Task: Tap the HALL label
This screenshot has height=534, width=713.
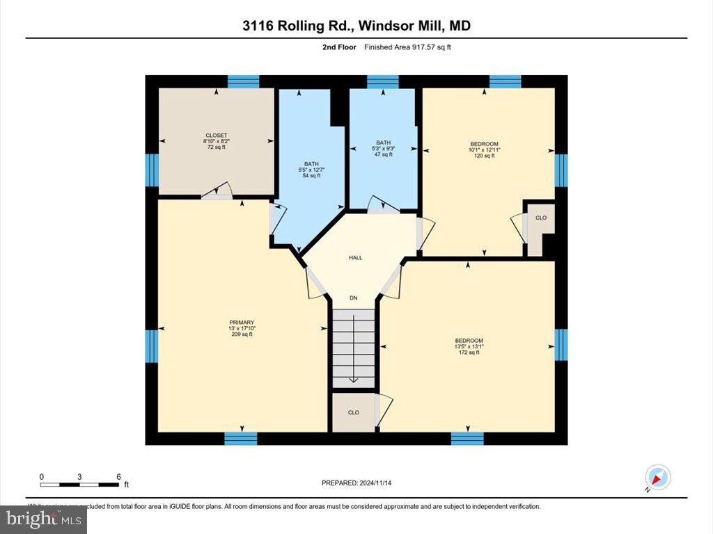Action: coord(356,257)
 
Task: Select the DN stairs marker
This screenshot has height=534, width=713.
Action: coord(354,298)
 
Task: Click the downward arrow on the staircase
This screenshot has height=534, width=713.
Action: coord(354,375)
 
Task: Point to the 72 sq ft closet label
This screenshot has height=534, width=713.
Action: coord(216,141)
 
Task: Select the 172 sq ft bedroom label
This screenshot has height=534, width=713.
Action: coord(469,346)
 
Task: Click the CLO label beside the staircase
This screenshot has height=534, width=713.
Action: coord(353,412)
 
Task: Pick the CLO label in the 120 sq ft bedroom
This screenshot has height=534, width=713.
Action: coord(541,218)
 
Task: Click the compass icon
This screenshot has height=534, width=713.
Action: coord(657,478)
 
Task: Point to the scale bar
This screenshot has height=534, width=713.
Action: coord(79,483)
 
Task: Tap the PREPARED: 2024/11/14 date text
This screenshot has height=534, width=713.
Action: coord(361,483)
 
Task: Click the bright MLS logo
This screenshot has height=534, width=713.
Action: coord(43,519)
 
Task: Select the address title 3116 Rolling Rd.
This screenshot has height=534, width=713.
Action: coord(356,26)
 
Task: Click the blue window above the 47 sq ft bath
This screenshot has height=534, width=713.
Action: coord(382,81)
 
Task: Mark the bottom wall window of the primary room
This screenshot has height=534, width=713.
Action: coord(241,438)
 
